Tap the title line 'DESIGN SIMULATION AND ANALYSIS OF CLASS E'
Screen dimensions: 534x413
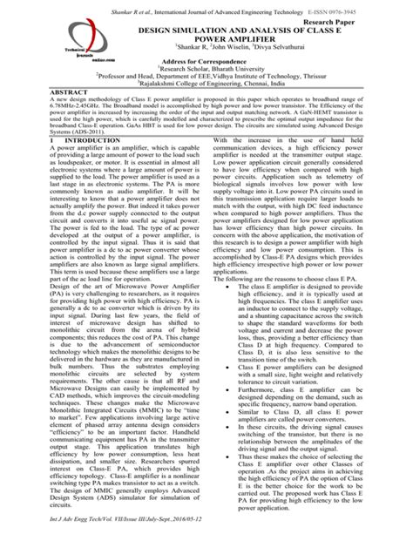pyautogui.click(x=206, y=29)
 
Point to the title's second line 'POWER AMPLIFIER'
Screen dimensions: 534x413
pyautogui.click(x=206, y=38)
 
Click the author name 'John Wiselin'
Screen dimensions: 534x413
pyautogui.click(x=205, y=49)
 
